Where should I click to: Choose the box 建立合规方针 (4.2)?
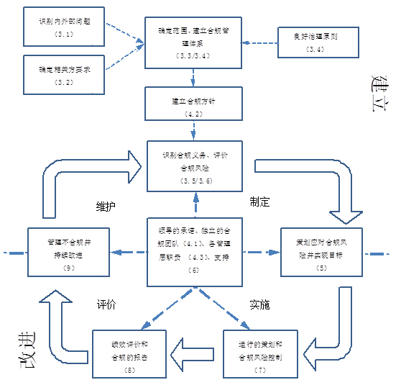click(x=190, y=104)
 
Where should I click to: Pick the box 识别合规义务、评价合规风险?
click(x=190, y=166)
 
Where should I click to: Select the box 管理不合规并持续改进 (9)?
click(x=68, y=252)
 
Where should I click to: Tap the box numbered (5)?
click(x=321, y=252)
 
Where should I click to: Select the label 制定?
click(x=259, y=202)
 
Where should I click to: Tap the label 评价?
click(x=107, y=304)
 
